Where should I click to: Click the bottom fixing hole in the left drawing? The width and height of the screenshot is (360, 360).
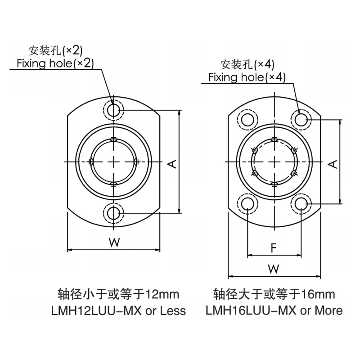click(x=113, y=213)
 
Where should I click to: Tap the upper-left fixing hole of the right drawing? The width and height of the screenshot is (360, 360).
click(x=248, y=120)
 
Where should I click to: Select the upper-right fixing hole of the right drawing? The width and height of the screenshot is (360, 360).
click(x=301, y=120)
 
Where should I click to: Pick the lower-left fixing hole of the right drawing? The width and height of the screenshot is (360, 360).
click(x=248, y=204)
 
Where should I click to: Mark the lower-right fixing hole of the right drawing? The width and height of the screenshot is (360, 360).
click(x=301, y=204)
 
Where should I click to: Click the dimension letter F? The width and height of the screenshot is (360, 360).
click(x=274, y=248)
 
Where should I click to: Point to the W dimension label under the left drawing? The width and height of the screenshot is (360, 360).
click(x=114, y=243)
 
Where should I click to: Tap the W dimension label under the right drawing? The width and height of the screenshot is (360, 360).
click(x=274, y=269)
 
